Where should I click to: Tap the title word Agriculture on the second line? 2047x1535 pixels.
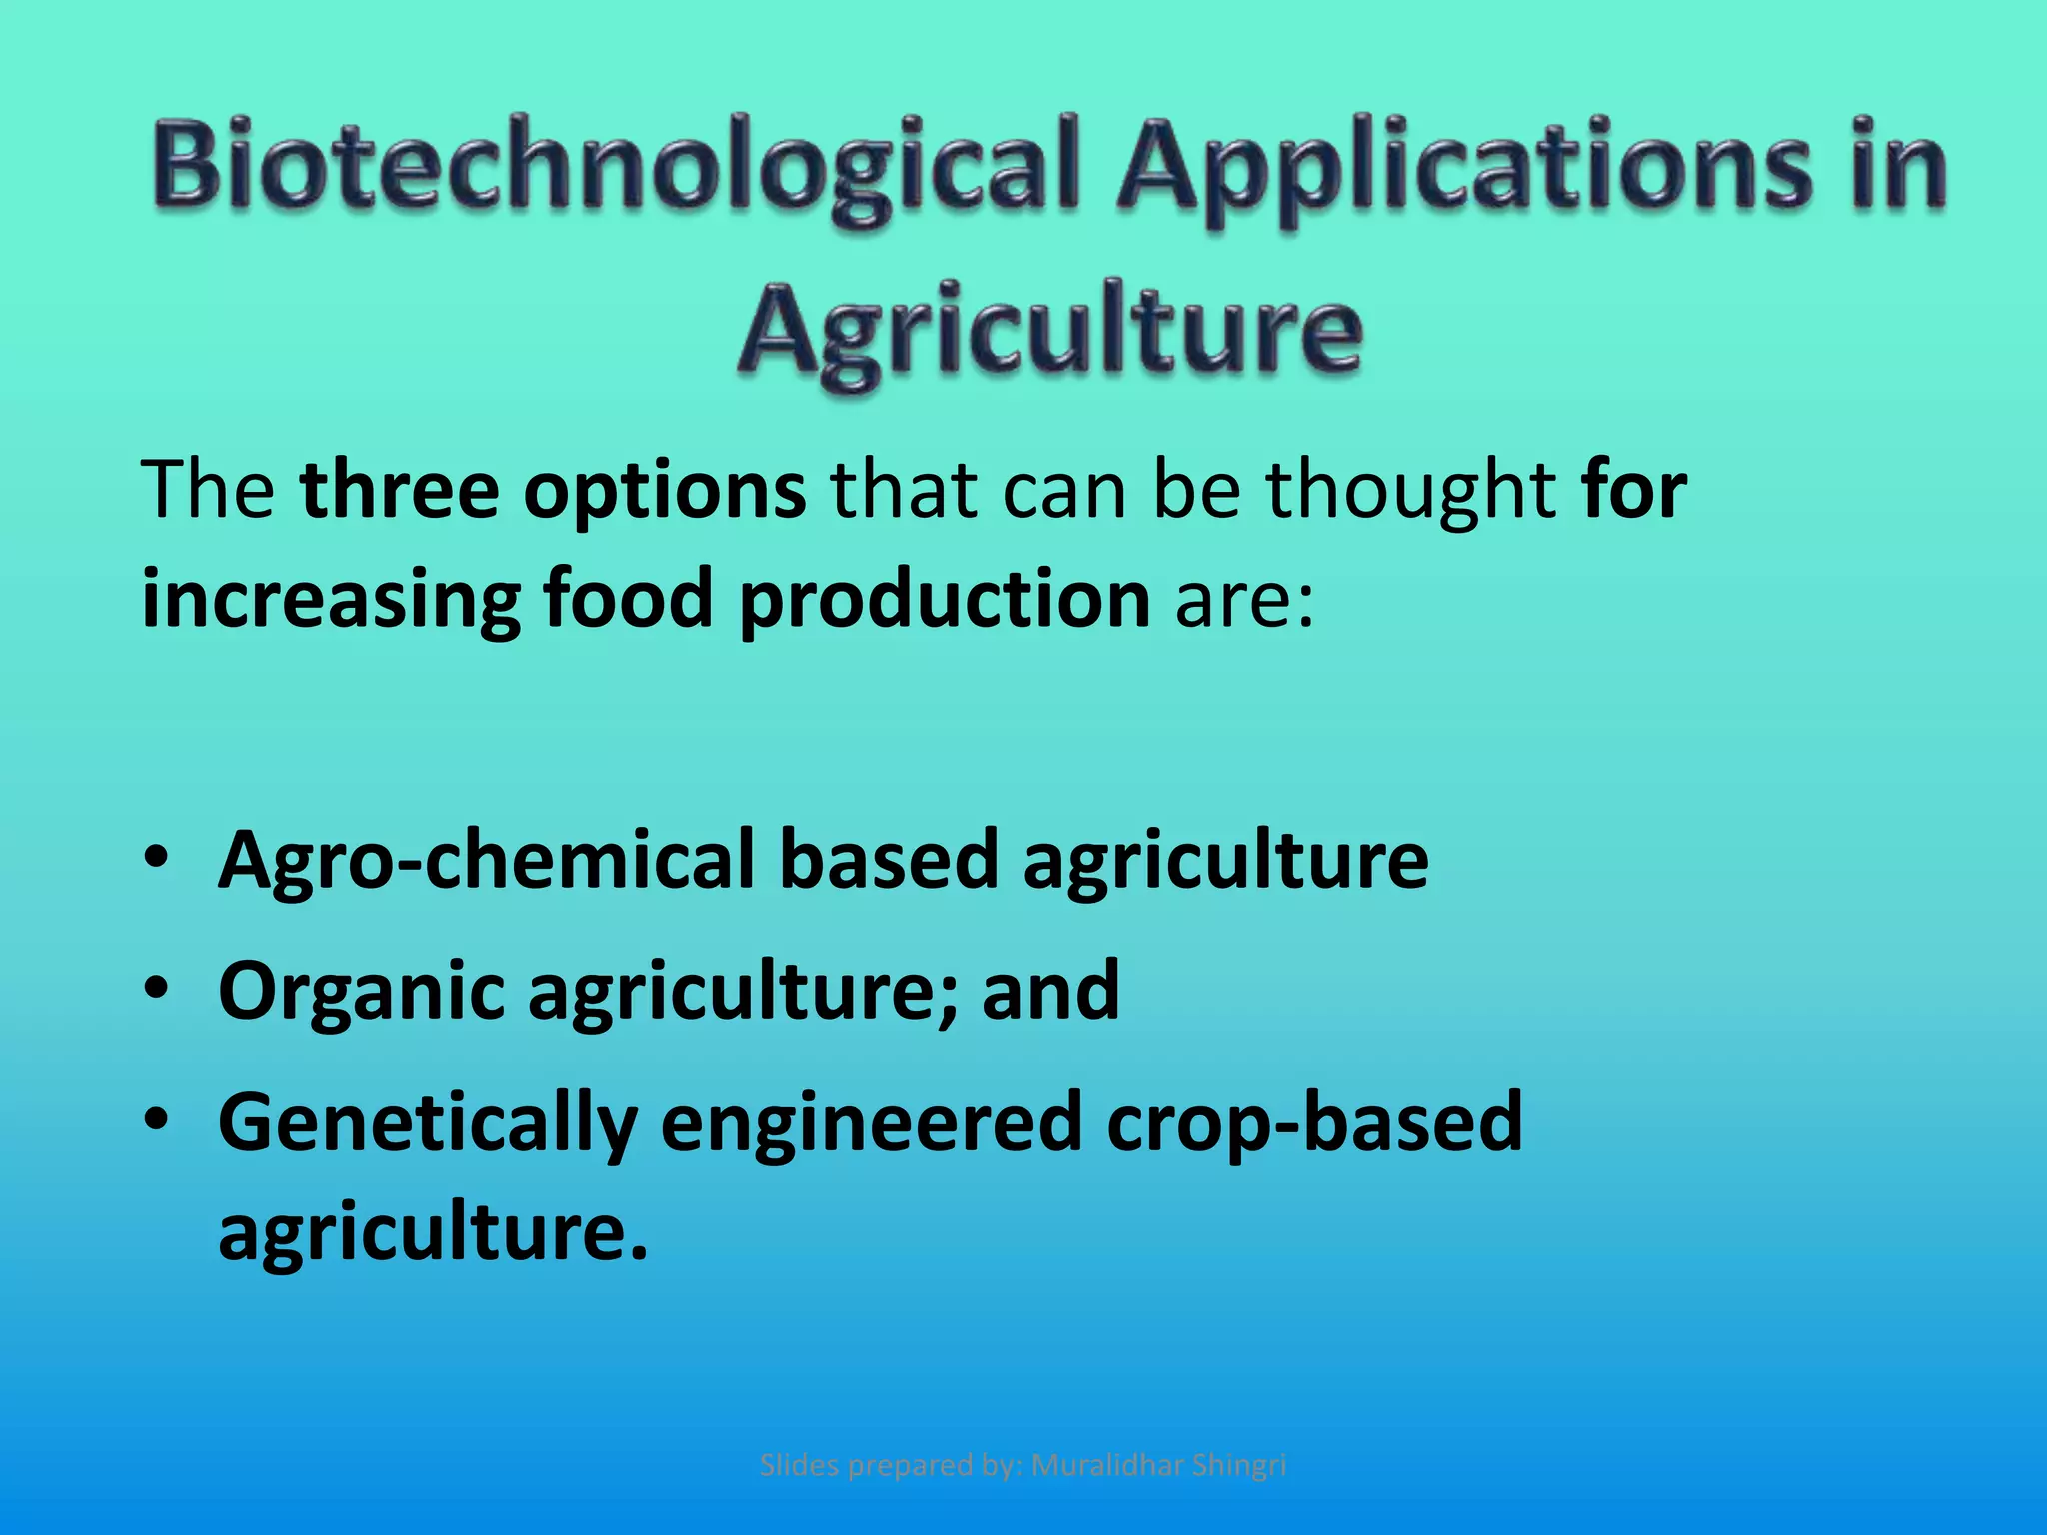pyautogui.click(x=1049, y=330)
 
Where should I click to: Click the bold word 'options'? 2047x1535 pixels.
pyautogui.click(x=665, y=492)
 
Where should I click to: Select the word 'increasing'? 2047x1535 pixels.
pyautogui.click(x=330, y=600)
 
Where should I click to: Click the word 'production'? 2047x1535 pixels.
pyautogui.click(x=945, y=600)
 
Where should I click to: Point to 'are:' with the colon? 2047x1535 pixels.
pyautogui.click(x=1244, y=600)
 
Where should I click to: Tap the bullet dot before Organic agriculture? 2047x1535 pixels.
pyautogui.click(x=157, y=990)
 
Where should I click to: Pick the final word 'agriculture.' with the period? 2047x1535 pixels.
pyautogui.click(x=433, y=1232)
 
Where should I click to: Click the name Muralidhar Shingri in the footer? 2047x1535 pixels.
pyautogui.click(x=1158, y=1465)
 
